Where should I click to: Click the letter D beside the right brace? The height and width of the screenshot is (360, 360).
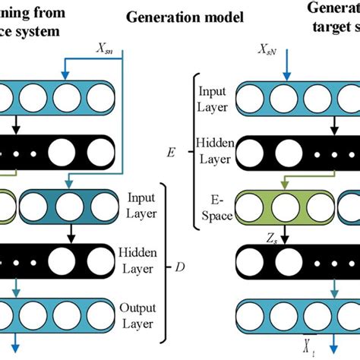coord(180,267)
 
